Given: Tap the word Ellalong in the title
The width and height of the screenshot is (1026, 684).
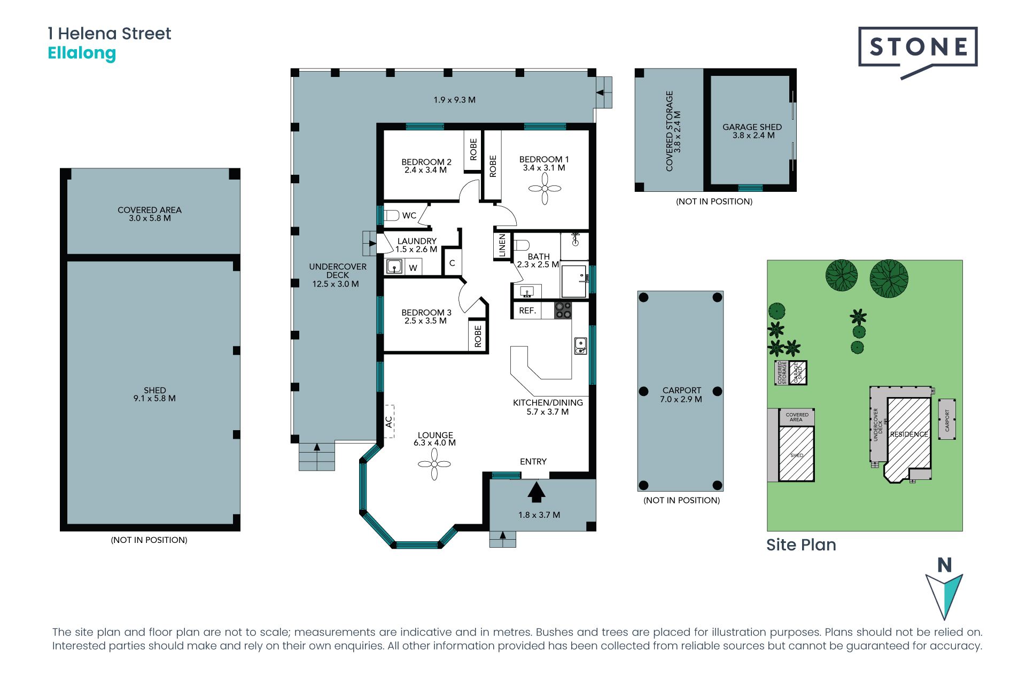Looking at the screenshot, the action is (x=82, y=53).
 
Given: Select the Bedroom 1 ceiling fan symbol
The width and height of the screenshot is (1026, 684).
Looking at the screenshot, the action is (x=545, y=188).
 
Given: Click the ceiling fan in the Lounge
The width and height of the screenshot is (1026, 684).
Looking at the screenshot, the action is (x=434, y=464).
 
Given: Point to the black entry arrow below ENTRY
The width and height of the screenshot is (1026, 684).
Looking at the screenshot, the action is (x=536, y=492).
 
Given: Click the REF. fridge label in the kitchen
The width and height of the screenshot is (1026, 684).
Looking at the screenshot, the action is (x=527, y=310).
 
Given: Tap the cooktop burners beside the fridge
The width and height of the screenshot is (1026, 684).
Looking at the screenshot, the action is (x=563, y=310).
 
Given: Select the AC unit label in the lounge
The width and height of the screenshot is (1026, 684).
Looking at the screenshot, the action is (x=389, y=422).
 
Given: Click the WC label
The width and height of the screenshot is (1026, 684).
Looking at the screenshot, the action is (x=409, y=215).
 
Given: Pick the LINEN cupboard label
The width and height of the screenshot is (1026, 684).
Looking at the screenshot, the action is (x=502, y=246).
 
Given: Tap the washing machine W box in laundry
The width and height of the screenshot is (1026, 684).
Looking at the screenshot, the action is (x=413, y=267).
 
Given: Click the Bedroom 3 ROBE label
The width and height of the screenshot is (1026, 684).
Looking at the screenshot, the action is (x=478, y=336).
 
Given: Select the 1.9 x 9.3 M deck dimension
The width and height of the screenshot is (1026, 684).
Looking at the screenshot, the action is (x=454, y=100).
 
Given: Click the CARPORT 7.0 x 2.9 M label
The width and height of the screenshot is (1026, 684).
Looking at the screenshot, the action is (x=681, y=395).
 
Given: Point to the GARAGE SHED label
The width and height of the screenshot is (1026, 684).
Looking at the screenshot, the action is (x=752, y=127).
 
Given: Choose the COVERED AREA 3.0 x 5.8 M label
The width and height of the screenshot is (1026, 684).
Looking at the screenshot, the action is (x=150, y=214).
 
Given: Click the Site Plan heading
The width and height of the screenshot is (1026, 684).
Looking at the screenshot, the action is (x=801, y=545).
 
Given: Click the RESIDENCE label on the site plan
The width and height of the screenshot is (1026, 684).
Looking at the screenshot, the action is (x=908, y=434).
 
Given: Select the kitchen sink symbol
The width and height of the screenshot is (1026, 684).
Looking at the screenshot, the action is (x=580, y=346).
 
